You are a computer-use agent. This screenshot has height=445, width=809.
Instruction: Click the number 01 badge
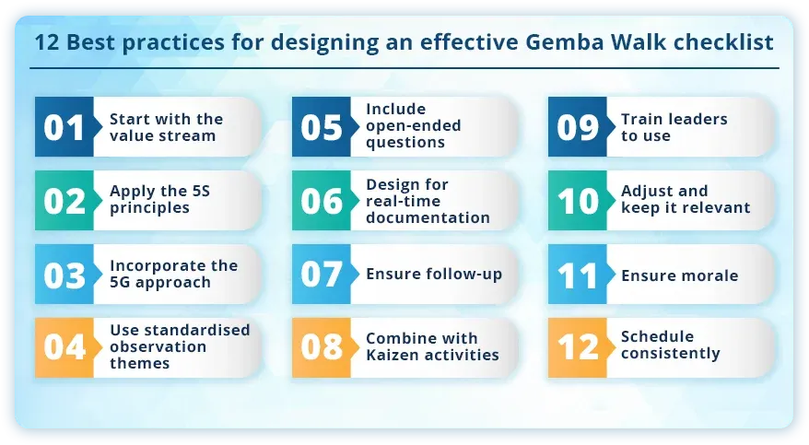tap(64, 127)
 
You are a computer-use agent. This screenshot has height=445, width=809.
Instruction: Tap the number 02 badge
tap(64, 201)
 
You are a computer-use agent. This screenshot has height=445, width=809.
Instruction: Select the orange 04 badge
tap(64, 347)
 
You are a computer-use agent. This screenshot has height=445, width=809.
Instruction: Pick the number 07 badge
tap(321, 275)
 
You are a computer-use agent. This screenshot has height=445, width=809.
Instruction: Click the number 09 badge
tap(578, 127)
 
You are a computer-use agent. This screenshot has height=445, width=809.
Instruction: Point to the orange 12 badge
tap(578, 347)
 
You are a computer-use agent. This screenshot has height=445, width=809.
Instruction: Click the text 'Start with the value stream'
tap(166, 127)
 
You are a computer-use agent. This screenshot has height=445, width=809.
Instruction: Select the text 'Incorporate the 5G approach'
tap(173, 274)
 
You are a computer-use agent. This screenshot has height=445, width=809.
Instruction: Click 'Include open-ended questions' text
tap(413, 126)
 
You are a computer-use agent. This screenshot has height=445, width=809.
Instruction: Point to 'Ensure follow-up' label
tap(434, 274)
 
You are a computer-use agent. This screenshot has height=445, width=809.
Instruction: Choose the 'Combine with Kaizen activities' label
tap(431, 346)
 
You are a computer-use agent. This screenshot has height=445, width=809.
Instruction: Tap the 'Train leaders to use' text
tap(674, 127)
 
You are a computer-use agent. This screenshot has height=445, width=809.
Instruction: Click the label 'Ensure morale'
tap(679, 275)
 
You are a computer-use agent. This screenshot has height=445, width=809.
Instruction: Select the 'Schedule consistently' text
tap(670, 345)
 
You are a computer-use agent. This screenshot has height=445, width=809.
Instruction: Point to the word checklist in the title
tap(727, 43)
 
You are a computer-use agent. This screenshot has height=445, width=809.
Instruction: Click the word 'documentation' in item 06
tap(428, 217)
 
